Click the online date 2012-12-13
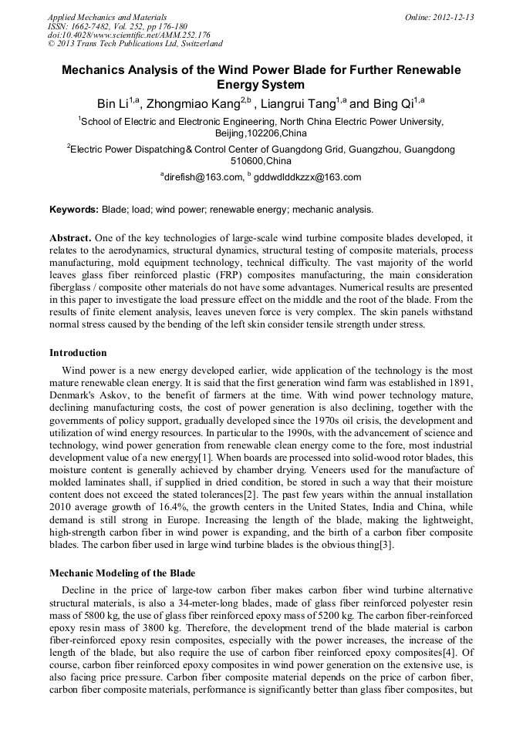pos(450,17)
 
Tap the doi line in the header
pos(129,35)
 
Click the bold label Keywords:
pos(74,210)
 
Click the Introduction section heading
pos(78,353)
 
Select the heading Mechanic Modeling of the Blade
pos(122,573)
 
